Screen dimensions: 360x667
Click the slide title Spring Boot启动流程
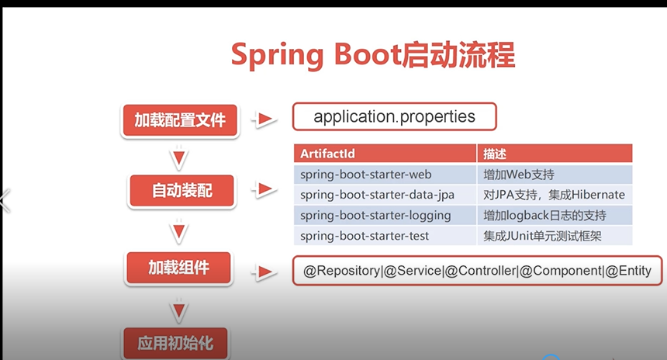click(373, 57)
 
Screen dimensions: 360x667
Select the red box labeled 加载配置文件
click(179, 120)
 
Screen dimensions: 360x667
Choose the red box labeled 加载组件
click(179, 268)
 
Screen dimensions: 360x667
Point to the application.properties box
click(394, 117)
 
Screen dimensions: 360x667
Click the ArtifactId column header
click(385, 154)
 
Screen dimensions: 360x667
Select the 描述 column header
click(554, 154)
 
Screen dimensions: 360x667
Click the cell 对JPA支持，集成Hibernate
click(554, 195)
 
